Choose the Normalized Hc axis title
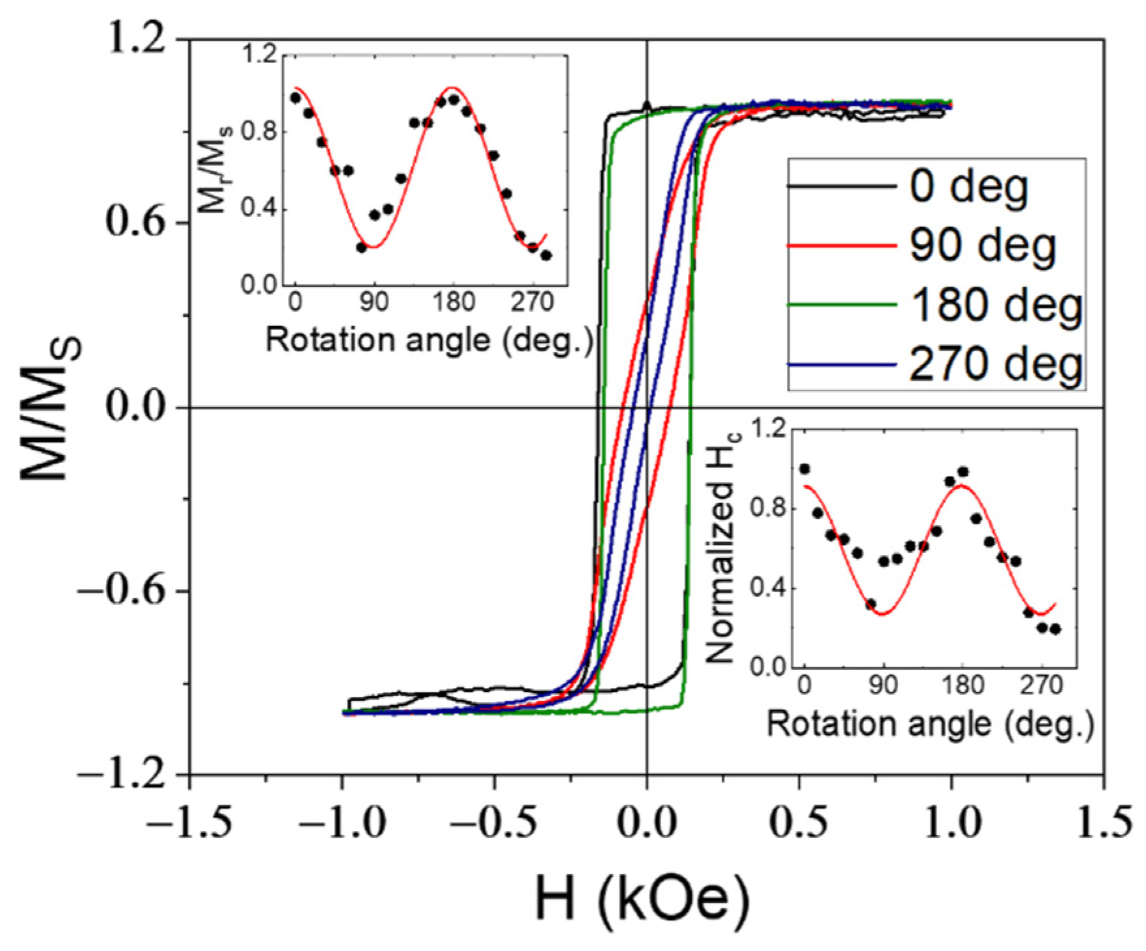[722, 547]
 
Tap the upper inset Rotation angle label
[430, 340]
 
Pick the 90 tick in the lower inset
[883, 685]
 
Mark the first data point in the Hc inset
[805, 469]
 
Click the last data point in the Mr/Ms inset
[546, 255]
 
